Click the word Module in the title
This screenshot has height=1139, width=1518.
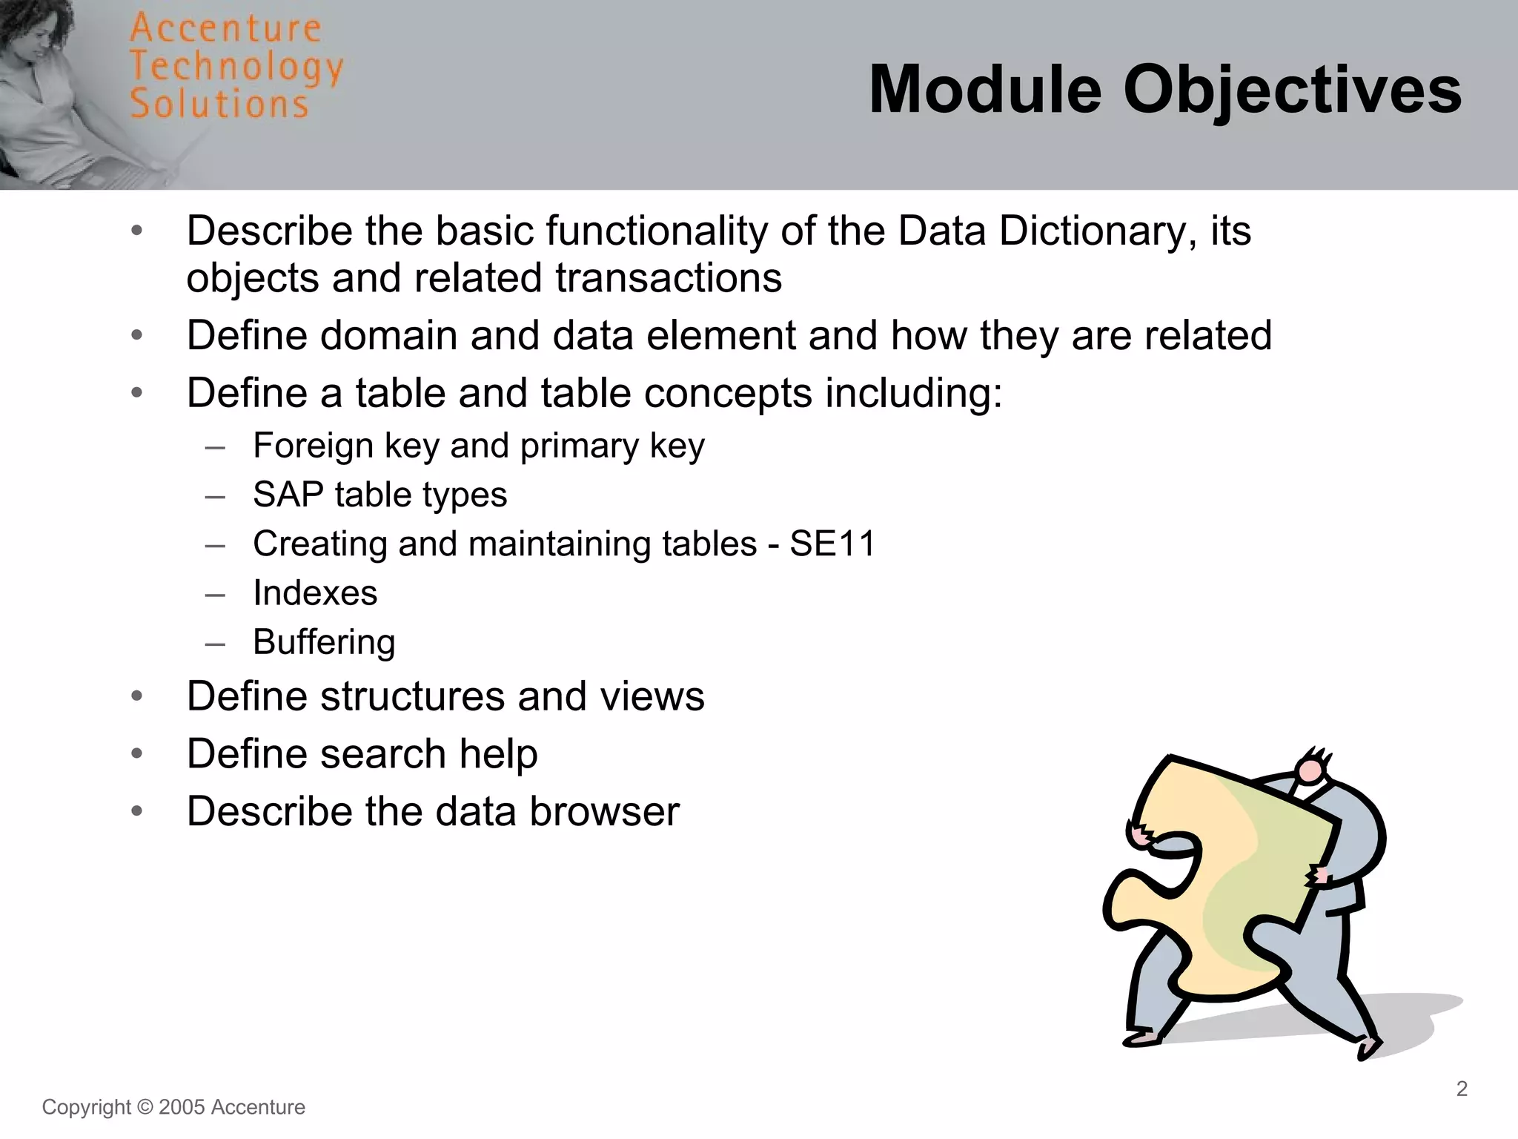[985, 90]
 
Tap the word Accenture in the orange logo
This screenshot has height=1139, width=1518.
[225, 28]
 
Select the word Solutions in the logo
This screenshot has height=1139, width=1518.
[219, 103]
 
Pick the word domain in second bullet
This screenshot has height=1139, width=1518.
[388, 335]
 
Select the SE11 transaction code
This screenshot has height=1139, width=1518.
[832, 544]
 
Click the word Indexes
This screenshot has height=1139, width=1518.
[315, 593]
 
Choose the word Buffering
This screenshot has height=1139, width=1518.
[324, 642]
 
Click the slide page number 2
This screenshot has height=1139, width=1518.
[1462, 1089]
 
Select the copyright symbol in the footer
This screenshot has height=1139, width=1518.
[145, 1107]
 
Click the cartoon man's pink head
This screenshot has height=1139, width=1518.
[1310, 771]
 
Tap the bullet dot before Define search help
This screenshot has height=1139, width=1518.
[136, 754]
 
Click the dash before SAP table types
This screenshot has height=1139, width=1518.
[215, 495]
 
